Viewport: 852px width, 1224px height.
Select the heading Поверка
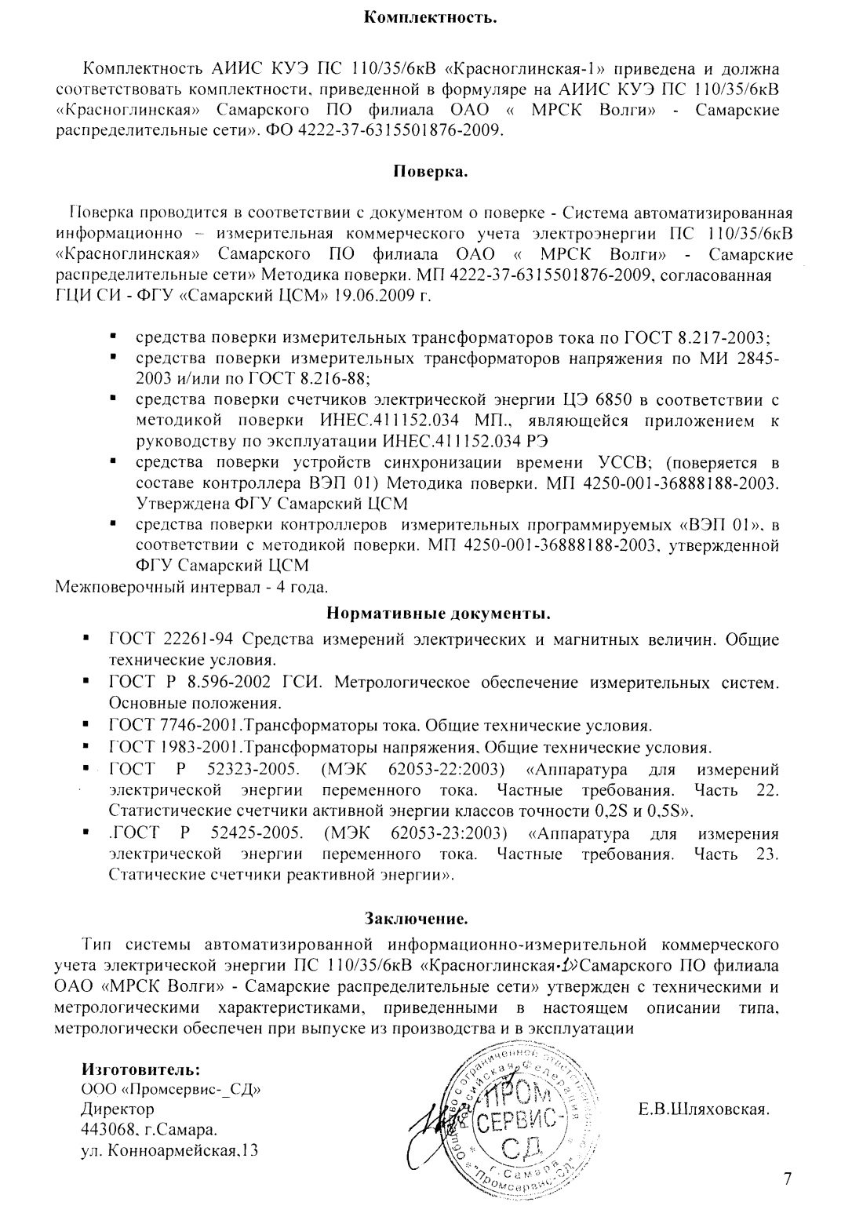[430, 171]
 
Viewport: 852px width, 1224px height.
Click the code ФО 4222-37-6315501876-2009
[383, 129]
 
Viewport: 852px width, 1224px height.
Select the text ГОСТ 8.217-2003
[697, 338]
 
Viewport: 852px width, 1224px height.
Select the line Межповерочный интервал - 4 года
[192, 587]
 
